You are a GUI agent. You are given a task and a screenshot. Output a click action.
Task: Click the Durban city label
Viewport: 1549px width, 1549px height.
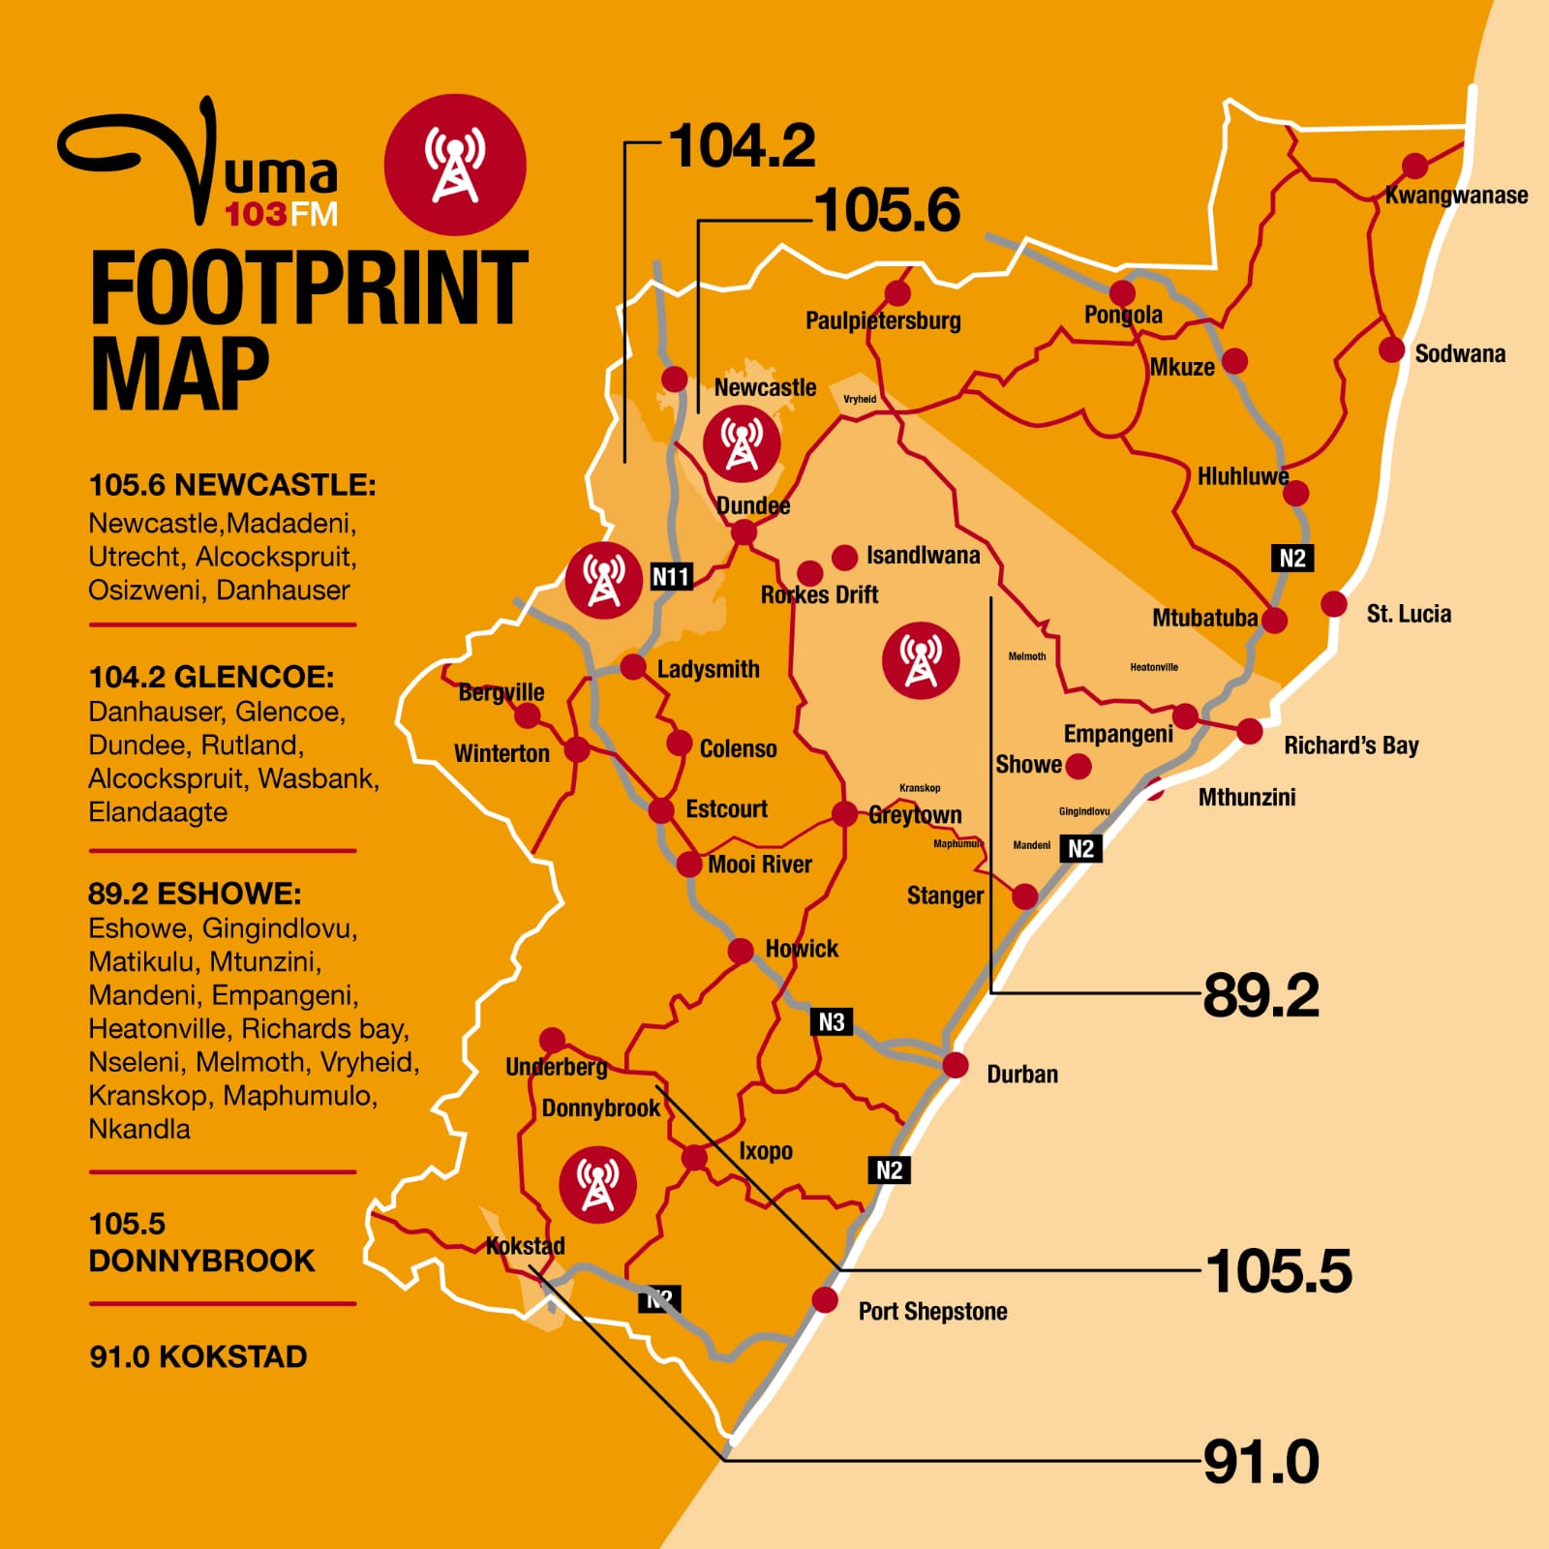pyautogui.click(x=1021, y=1075)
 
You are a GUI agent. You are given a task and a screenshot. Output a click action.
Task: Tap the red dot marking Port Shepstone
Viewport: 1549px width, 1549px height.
pyautogui.click(x=825, y=1299)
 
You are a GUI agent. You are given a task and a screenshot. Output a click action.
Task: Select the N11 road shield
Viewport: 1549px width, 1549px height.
pyautogui.click(x=671, y=577)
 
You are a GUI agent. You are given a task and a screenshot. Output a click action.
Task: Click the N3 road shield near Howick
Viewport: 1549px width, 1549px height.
pyautogui.click(x=831, y=1022)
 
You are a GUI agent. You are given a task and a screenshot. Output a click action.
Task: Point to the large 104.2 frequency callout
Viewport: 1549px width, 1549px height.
pyautogui.click(x=742, y=146)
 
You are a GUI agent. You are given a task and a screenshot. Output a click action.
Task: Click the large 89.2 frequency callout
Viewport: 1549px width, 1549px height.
pyautogui.click(x=1260, y=995)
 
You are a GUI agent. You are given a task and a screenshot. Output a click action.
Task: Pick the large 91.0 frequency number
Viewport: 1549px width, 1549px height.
pyautogui.click(x=1260, y=1462)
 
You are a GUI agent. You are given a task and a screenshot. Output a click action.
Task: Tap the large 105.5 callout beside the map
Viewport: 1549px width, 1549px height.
pyautogui.click(x=1278, y=1271)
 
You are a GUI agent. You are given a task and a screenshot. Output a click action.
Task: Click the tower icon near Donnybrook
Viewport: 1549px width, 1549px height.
pyautogui.click(x=597, y=1184)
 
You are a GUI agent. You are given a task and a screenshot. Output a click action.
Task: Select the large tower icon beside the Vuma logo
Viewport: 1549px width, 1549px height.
pyautogui.click(x=455, y=165)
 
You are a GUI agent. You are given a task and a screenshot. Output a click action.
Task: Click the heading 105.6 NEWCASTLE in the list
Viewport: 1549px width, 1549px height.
pyautogui.click(x=232, y=485)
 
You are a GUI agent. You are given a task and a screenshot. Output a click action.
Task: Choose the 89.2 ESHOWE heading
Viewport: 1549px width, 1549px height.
pyautogui.click(x=195, y=893)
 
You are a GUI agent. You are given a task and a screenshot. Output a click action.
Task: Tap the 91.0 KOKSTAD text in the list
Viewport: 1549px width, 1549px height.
pyautogui.click(x=198, y=1356)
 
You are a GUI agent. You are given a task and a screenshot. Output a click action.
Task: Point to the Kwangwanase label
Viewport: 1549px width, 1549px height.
pyautogui.click(x=1456, y=196)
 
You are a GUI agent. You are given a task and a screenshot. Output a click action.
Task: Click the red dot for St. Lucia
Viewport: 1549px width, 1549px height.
pyautogui.click(x=1334, y=604)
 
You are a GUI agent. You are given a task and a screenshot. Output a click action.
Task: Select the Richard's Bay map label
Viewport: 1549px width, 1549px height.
pyautogui.click(x=1351, y=745)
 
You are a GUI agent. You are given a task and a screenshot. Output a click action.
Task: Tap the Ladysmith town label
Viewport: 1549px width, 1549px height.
pyautogui.click(x=708, y=669)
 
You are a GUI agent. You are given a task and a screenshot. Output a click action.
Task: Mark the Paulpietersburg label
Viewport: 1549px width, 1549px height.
pyautogui.click(x=883, y=320)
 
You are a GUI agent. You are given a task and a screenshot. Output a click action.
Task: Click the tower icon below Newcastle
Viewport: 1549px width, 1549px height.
pyautogui.click(x=742, y=443)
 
